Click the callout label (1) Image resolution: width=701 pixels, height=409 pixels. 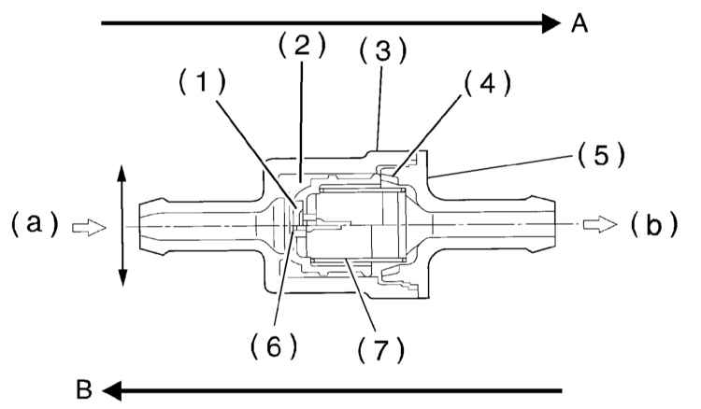click(203, 82)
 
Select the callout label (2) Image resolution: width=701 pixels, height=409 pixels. click(302, 46)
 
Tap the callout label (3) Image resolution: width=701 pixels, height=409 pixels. click(383, 50)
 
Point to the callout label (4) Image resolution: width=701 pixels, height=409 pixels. click(487, 83)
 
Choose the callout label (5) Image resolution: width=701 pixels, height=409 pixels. click(601, 155)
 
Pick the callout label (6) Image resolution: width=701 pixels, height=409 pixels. click(274, 346)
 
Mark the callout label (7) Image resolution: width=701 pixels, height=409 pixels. click(381, 349)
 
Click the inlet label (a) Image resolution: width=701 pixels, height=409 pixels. click(35, 224)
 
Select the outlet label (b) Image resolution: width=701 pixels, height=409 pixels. click(654, 225)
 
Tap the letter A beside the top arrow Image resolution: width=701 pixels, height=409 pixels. click(579, 23)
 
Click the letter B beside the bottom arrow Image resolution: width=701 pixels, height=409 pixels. click(84, 389)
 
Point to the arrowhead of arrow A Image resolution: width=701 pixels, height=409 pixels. click(551, 23)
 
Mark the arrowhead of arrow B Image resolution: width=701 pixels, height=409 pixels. click(112, 390)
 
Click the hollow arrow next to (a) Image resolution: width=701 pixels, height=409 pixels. click(90, 228)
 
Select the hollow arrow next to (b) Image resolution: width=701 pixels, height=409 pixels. click(600, 225)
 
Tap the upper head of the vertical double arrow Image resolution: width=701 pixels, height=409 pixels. click(122, 174)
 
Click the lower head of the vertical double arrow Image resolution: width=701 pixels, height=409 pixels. click(122, 277)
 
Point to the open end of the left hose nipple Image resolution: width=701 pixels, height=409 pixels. click(140, 228)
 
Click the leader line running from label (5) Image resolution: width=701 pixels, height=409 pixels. click(500, 166)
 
